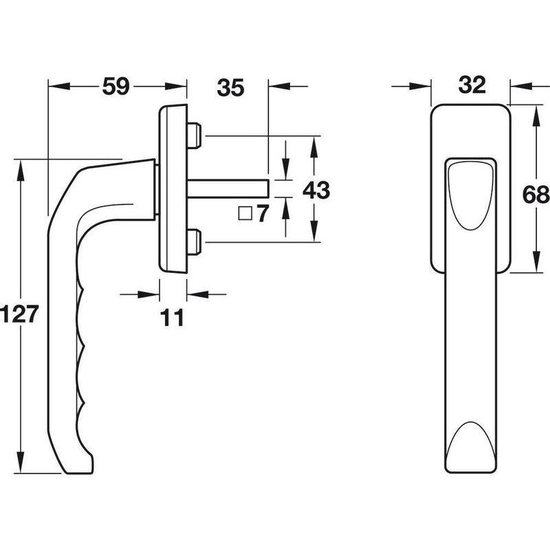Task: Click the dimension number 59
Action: [x=115, y=87]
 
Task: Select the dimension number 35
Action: [x=230, y=88]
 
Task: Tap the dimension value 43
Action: [x=316, y=190]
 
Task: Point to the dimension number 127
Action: [x=19, y=314]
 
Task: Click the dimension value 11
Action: [x=172, y=318]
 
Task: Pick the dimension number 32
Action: [x=472, y=85]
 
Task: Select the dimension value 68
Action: [x=536, y=195]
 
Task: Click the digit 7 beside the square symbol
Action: [x=263, y=213]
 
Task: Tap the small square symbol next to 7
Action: [x=245, y=214]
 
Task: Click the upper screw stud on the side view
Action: [x=195, y=135]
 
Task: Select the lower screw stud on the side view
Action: [x=195, y=242]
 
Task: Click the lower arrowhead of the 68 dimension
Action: [x=536, y=262]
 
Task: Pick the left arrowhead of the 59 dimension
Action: [x=59, y=86]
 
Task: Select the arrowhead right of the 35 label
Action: [x=280, y=86]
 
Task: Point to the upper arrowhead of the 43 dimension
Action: [x=314, y=146]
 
